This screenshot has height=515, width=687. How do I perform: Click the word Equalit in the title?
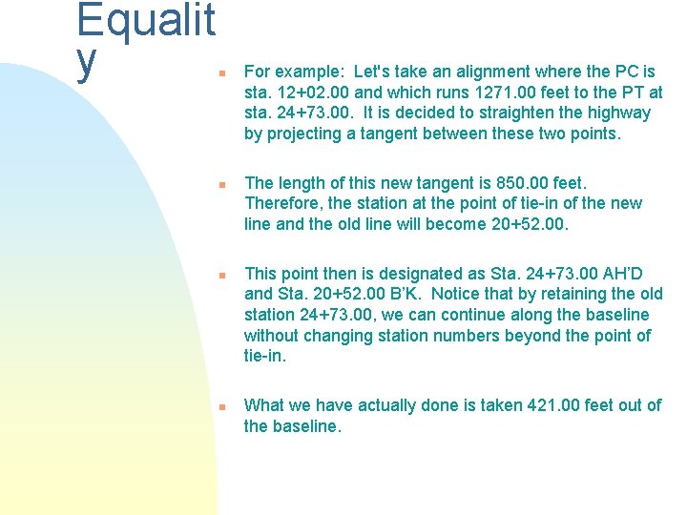pyautogui.click(x=146, y=21)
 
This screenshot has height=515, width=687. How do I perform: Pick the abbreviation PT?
pyautogui.click(x=635, y=93)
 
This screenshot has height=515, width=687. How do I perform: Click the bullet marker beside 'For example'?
pyautogui.click(x=220, y=72)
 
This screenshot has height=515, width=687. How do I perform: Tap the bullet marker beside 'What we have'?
pyautogui.click(x=220, y=406)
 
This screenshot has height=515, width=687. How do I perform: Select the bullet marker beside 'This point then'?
pyautogui.click(x=220, y=274)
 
